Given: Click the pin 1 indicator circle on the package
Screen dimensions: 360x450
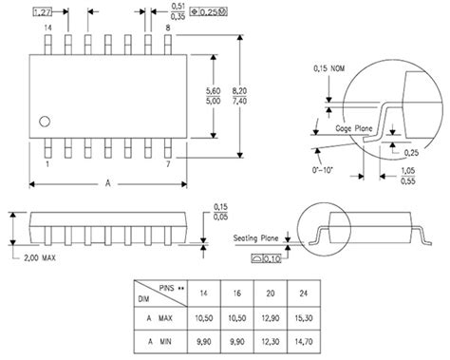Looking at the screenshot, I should coord(45,120).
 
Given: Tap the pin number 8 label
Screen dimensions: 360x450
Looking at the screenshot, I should coord(168,30).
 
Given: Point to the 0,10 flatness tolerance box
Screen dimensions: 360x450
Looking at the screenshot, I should coord(272,257).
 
